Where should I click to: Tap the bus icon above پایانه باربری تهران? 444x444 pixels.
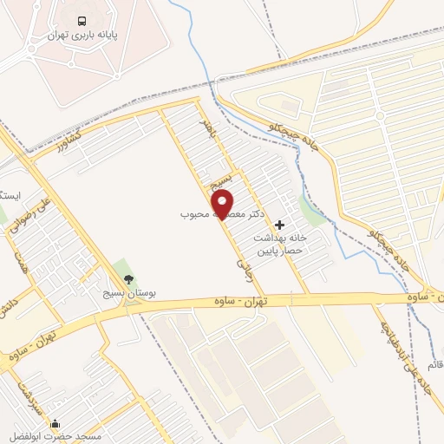(x=82, y=21)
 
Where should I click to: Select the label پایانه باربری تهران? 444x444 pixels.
(x=82, y=36)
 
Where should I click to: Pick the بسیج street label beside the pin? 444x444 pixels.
(x=219, y=181)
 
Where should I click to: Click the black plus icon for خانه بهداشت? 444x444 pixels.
(x=279, y=225)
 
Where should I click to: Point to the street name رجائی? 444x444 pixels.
(x=242, y=264)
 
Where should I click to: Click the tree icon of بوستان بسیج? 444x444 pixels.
(x=128, y=279)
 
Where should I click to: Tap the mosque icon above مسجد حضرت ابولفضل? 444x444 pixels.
(x=55, y=424)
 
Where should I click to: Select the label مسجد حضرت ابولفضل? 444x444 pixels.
(x=59, y=436)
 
